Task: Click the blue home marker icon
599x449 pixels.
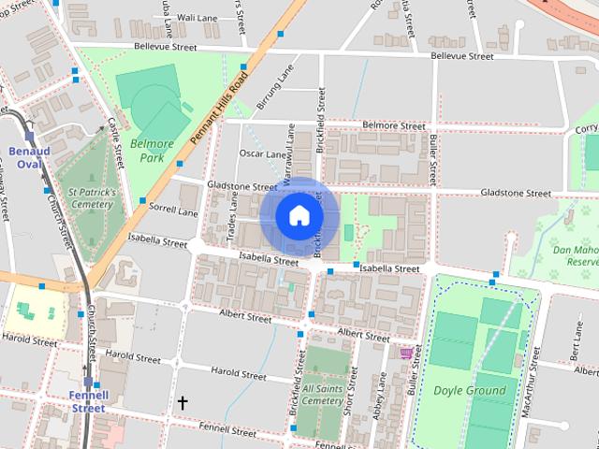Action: [299, 216]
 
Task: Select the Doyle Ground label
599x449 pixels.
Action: [469, 390]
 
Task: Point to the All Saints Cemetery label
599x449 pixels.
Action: [322, 394]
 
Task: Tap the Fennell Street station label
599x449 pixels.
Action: [88, 401]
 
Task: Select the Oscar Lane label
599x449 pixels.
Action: [262, 153]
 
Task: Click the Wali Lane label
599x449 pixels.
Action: [197, 18]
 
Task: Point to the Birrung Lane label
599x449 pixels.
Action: [280, 80]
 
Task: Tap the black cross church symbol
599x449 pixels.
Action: [183, 402]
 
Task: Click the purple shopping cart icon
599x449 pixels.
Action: [406, 353]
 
